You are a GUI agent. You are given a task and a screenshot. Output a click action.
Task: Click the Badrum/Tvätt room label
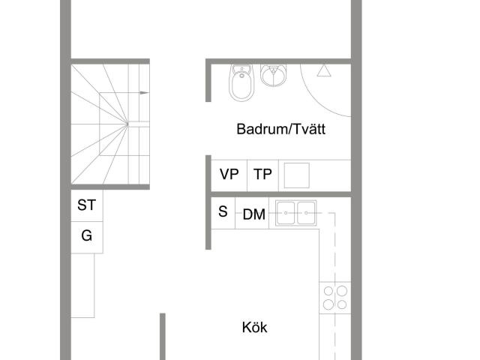point(280,129)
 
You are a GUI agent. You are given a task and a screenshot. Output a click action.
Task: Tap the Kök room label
point(254,328)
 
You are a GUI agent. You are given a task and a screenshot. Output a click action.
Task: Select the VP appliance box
point(229,175)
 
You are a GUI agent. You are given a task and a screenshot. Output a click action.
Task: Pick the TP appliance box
point(262,175)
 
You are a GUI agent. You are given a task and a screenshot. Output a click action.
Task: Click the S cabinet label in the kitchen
point(223,211)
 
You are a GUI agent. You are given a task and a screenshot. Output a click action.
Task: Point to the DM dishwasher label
point(254,215)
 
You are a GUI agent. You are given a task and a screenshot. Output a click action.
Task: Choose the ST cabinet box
point(87,205)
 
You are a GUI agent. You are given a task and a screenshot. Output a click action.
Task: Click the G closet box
point(87,236)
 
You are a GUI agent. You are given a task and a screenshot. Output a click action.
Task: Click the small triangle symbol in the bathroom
point(323,71)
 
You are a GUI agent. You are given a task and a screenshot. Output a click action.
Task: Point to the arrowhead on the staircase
point(145,92)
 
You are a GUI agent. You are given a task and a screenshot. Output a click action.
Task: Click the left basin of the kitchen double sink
point(286,214)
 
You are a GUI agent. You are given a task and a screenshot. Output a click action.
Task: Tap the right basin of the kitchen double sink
point(306,214)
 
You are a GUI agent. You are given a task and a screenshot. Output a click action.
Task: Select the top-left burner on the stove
point(327,290)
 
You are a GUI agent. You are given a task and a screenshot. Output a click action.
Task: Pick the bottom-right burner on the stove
point(342,304)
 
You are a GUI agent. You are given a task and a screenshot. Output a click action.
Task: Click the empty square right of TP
point(296,175)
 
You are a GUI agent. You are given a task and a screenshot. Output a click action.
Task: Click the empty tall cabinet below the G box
point(84,285)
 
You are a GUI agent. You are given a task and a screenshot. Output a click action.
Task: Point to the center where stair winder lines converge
point(127,123)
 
